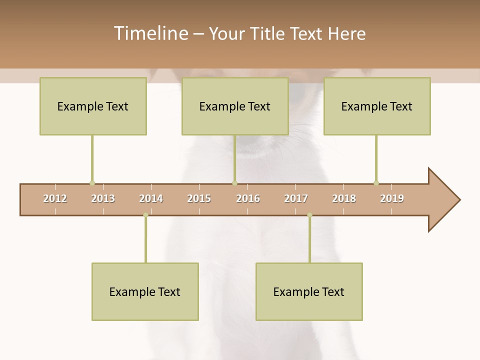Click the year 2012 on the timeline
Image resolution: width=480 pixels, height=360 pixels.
coord(55,198)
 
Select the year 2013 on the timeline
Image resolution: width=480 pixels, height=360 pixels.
coord(103,198)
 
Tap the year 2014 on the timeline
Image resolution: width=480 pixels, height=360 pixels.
coord(151,198)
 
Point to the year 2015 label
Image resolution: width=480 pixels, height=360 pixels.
coord(199,198)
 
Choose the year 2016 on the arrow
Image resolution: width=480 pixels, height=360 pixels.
coord(248,198)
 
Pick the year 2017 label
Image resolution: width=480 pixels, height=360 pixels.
coord(296,198)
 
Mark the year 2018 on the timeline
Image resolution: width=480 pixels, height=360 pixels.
coord(344,198)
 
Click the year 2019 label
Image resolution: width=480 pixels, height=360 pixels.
coord(392,198)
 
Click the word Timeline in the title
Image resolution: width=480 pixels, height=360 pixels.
coord(150,33)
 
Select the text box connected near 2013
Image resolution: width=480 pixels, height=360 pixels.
coord(93,106)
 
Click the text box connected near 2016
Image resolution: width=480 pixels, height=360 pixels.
coord(235,106)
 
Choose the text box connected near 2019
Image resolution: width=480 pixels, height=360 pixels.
coord(377,106)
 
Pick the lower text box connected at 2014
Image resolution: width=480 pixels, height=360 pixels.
coord(145,291)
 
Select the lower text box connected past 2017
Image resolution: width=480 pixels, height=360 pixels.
coord(309,291)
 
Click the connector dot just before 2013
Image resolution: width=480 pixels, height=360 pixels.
coord(92,183)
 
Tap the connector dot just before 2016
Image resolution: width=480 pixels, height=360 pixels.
coord(234,183)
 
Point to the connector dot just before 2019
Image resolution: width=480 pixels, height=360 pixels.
coord(376,183)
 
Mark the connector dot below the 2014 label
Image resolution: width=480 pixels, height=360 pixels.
coord(145,215)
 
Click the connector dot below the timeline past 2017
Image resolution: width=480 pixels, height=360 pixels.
coord(309,215)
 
